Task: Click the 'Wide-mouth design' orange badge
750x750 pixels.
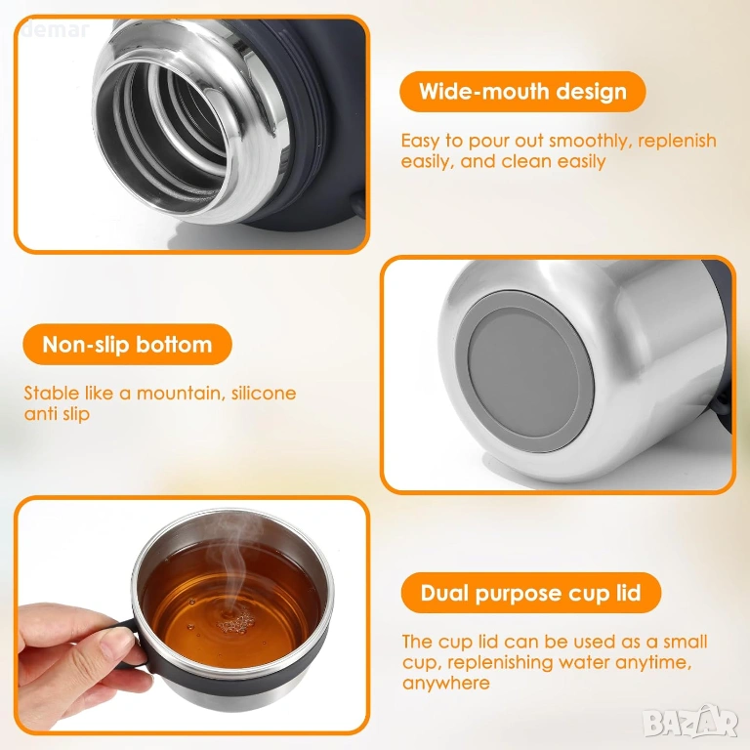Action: tap(522, 92)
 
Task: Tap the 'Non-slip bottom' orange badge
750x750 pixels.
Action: tap(127, 345)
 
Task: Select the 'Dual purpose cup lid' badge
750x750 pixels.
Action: tap(531, 593)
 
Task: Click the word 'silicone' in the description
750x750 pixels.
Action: tap(264, 394)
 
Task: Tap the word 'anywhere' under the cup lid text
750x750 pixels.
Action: tap(445, 683)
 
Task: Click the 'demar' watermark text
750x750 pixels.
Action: tap(56, 30)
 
